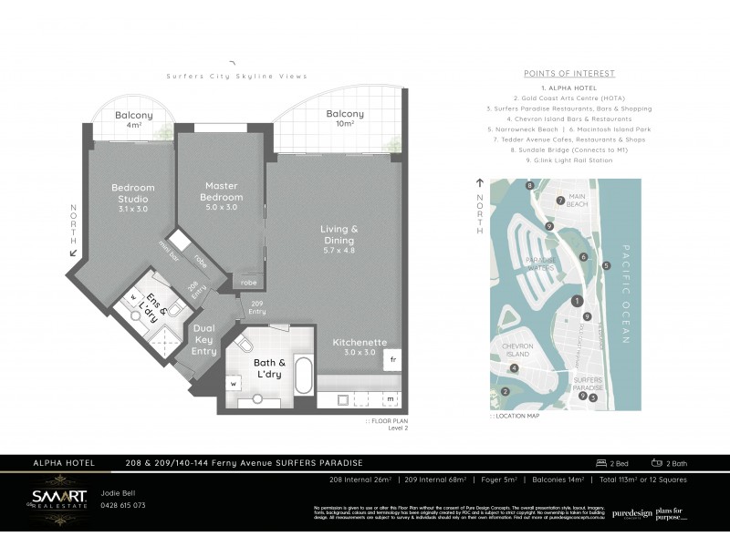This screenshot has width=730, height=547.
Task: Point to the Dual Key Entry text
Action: (x=203, y=339)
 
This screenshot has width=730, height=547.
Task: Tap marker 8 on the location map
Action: (x=529, y=185)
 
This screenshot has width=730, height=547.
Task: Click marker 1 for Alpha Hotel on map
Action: (x=576, y=301)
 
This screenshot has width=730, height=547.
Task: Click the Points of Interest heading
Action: (x=569, y=73)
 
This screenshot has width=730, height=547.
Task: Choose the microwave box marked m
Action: (x=391, y=399)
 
